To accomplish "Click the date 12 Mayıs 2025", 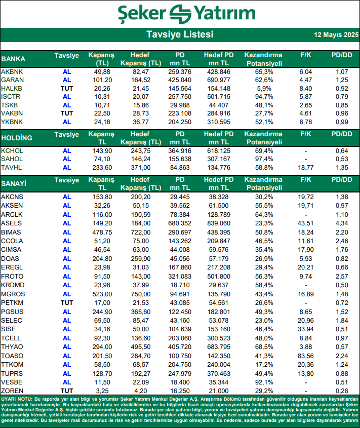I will tap(336, 35).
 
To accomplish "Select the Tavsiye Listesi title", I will tap(180, 34).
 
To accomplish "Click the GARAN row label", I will tap(13, 80).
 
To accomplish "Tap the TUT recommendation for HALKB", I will tap(67, 88).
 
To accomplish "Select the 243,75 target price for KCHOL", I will tap(140, 151).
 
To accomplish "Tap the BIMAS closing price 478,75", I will tap(102, 231).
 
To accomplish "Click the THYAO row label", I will tap(12, 347).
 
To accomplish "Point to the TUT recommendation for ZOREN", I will tap(67, 391).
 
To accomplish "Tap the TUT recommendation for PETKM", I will tap(67, 302).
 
